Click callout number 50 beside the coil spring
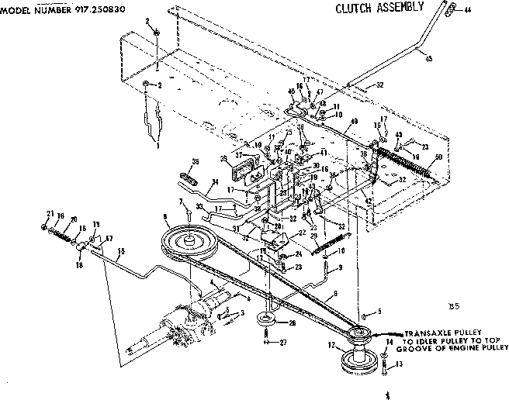(x=439, y=157)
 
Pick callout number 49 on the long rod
(x=354, y=121)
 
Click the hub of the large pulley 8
(x=187, y=239)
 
